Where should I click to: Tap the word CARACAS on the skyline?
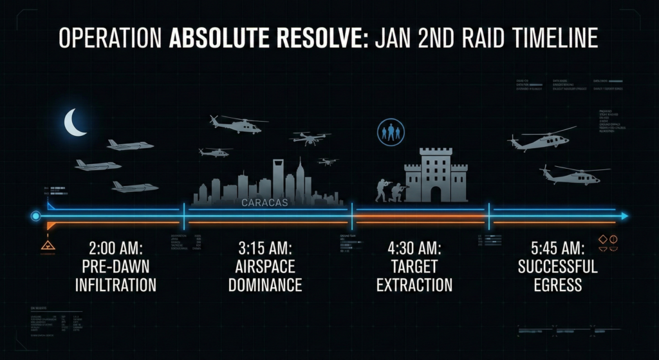265,202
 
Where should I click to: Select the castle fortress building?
436,175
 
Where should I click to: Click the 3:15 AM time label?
264,248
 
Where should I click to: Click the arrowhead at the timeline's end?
625,216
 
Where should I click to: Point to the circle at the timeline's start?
35,216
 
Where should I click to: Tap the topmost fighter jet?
130,145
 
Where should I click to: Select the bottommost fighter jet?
135,187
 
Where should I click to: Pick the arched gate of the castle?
436,193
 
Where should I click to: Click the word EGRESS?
557,284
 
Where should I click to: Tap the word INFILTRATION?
116,284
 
